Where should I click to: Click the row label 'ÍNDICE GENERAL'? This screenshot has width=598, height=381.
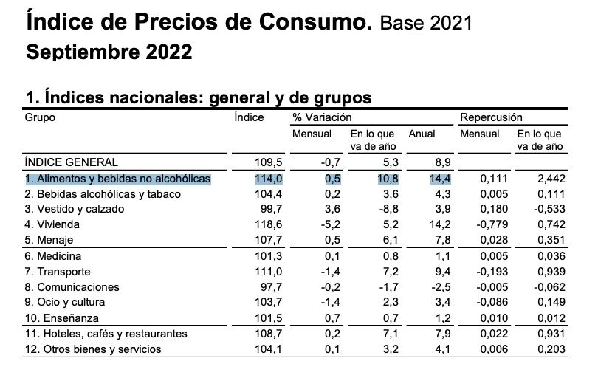(x=71, y=162)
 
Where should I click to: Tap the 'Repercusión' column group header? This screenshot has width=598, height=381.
(x=491, y=117)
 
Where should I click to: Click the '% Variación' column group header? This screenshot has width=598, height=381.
(x=323, y=117)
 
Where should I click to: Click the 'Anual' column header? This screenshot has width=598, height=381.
(x=422, y=134)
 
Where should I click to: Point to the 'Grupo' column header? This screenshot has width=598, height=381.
(x=41, y=117)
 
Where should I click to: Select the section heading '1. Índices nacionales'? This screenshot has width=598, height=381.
(x=112, y=97)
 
